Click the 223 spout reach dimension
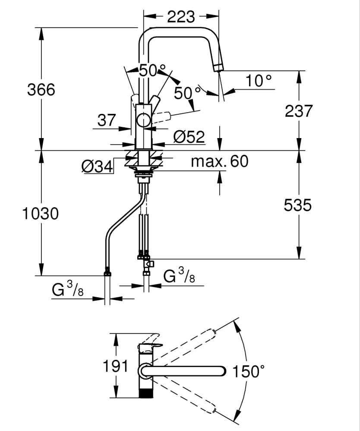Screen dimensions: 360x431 point(181,17)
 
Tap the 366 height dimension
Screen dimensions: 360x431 point(41,90)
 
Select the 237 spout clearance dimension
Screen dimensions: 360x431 point(299,111)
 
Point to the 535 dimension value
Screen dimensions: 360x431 point(298,205)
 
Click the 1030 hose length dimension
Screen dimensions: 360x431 point(41,214)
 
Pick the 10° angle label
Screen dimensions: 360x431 point(259,81)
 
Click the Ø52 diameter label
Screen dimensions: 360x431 point(189,137)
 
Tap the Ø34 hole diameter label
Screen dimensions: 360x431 point(98,166)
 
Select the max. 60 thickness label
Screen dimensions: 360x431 point(220,161)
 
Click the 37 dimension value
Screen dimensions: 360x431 point(107,120)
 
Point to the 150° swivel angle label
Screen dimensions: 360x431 point(249,371)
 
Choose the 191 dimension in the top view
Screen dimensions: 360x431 point(116,366)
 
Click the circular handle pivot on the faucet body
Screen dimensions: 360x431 point(144,120)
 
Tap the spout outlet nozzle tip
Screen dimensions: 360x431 point(219,67)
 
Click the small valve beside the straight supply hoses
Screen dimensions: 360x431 point(149,264)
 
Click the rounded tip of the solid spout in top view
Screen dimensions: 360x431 point(222,371)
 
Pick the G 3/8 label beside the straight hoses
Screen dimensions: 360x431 point(179,276)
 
